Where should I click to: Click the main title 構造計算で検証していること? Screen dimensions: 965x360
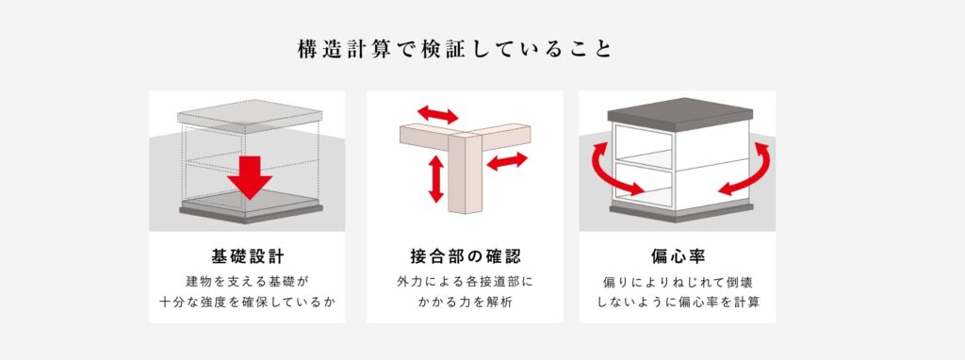[455, 49]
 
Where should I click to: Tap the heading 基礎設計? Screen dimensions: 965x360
[247, 256]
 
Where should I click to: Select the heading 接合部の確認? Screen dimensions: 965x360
[465, 256]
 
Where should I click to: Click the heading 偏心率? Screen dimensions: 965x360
[677, 256]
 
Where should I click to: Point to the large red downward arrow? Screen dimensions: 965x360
[249, 177]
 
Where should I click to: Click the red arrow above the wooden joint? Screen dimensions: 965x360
[437, 114]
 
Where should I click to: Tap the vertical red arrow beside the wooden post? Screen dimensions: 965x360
[435, 178]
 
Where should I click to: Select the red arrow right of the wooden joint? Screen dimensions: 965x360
[507, 161]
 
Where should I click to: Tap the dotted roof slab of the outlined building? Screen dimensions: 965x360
[249, 116]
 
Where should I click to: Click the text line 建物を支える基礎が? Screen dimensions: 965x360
[247, 282]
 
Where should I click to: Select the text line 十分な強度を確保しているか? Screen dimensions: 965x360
[247, 303]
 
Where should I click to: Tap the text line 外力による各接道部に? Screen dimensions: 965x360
[465, 282]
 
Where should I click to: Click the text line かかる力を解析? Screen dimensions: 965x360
[465, 303]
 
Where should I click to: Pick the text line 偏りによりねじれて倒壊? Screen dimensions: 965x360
[677, 282]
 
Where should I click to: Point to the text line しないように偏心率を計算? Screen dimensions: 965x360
[677, 303]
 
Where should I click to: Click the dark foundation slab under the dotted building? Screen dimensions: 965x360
[251, 213]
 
